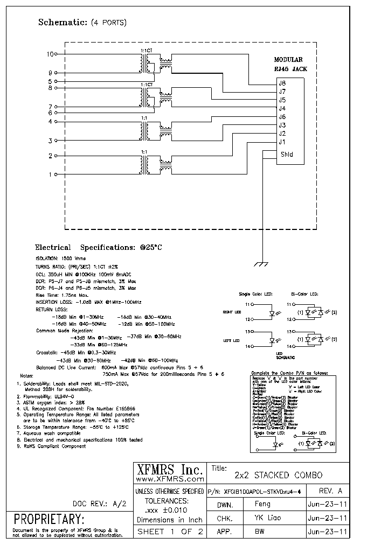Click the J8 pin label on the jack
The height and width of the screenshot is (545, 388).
pyautogui.click(x=282, y=83)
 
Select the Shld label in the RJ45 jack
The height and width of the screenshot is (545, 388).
pyautogui.click(x=286, y=154)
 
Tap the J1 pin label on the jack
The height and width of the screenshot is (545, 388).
pyautogui.click(x=282, y=142)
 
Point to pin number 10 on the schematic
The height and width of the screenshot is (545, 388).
pyautogui.click(x=51, y=54)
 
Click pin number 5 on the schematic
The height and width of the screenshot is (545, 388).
pyautogui.click(x=50, y=81)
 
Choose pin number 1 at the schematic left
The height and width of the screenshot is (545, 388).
pyautogui.click(x=51, y=174)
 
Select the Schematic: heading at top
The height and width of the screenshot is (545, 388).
pyautogui.click(x=63, y=23)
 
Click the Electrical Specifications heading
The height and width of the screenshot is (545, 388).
pyautogui.click(x=99, y=248)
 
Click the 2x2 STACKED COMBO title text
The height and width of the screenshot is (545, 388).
pyautogui.click(x=279, y=475)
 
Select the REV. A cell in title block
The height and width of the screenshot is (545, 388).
pyautogui.click(x=331, y=491)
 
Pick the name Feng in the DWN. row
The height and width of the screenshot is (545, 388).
pyautogui.click(x=262, y=505)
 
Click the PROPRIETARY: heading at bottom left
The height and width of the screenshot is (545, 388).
pyautogui.click(x=49, y=520)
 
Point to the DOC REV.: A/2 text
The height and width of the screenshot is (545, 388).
pyautogui.click(x=100, y=504)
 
